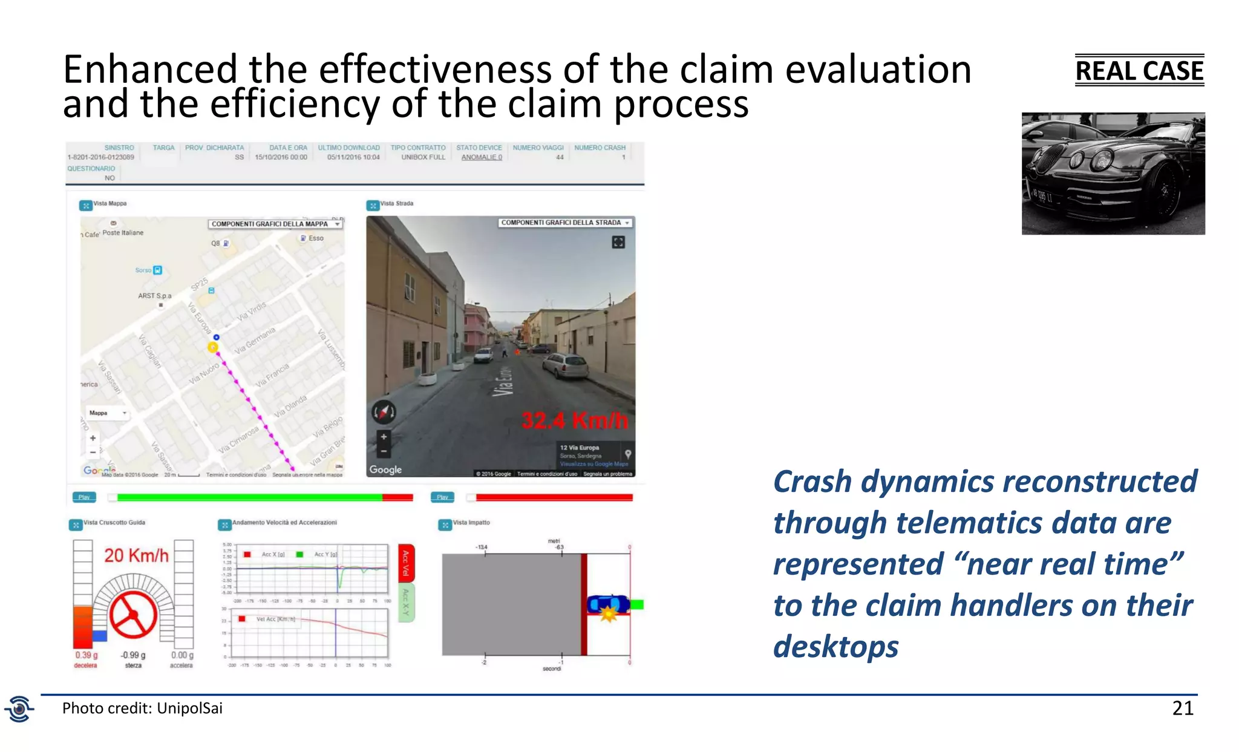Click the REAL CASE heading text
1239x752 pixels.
pyautogui.click(x=1139, y=71)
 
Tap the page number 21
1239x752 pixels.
pyautogui.click(x=1183, y=708)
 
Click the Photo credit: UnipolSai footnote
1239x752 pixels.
pyautogui.click(x=142, y=708)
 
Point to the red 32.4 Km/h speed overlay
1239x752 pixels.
pyautogui.click(x=575, y=420)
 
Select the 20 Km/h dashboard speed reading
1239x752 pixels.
pyautogui.click(x=136, y=555)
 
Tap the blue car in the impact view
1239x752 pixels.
pyautogui.click(x=608, y=604)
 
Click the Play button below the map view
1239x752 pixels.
pyautogui.click(x=84, y=497)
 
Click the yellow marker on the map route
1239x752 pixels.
pyautogui.click(x=213, y=347)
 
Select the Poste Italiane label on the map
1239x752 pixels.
pyautogui.click(x=123, y=233)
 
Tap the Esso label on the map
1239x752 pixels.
pyautogui.click(x=315, y=238)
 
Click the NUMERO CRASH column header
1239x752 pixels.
pyautogui.click(x=600, y=148)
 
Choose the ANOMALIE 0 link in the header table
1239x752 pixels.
pyautogui.click(x=482, y=157)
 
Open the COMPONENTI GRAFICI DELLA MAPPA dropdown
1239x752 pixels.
pyautogui.click(x=275, y=224)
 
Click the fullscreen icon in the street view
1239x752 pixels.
pyautogui.click(x=618, y=243)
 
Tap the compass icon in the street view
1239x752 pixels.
pyautogui.click(x=384, y=413)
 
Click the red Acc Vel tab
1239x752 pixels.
pyautogui.click(x=406, y=563)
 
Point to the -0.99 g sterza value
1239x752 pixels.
pyautogui.click(x=133, y=655)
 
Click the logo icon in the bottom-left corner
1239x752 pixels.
pyautogui.click(x=19, y=708)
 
